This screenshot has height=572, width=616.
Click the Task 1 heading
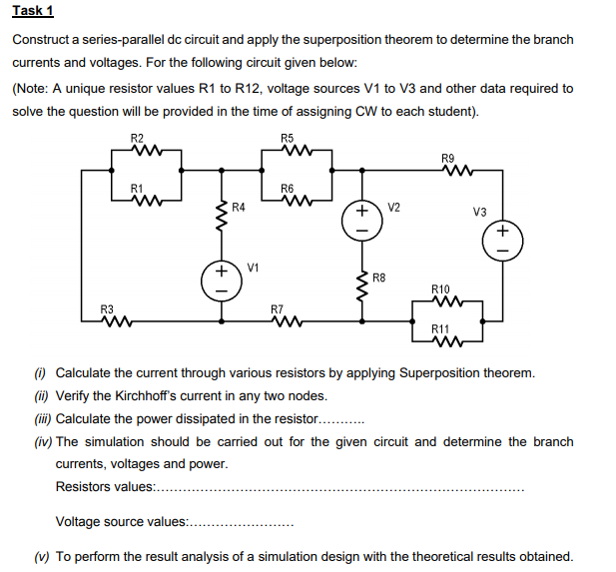pyautogui.click(x=33, y=11)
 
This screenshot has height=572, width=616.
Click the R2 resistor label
pyautogui.click(x=137, y=137)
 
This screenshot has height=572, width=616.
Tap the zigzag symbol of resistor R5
pyautogui.click(x=288, y=151)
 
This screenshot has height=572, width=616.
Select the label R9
pyautogui.click(x=447, y=158)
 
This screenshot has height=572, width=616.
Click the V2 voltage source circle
pyautogui.click(x=362, y=221)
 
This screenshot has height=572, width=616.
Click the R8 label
pyautogui.click(x=379, y=277)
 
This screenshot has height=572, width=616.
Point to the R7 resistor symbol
pyautogui.click(x=288, y=321)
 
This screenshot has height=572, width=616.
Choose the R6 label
pyautogui.click(x=288, y=189)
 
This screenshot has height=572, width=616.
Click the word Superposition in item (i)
pyautogui.click(x=438, y=373)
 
